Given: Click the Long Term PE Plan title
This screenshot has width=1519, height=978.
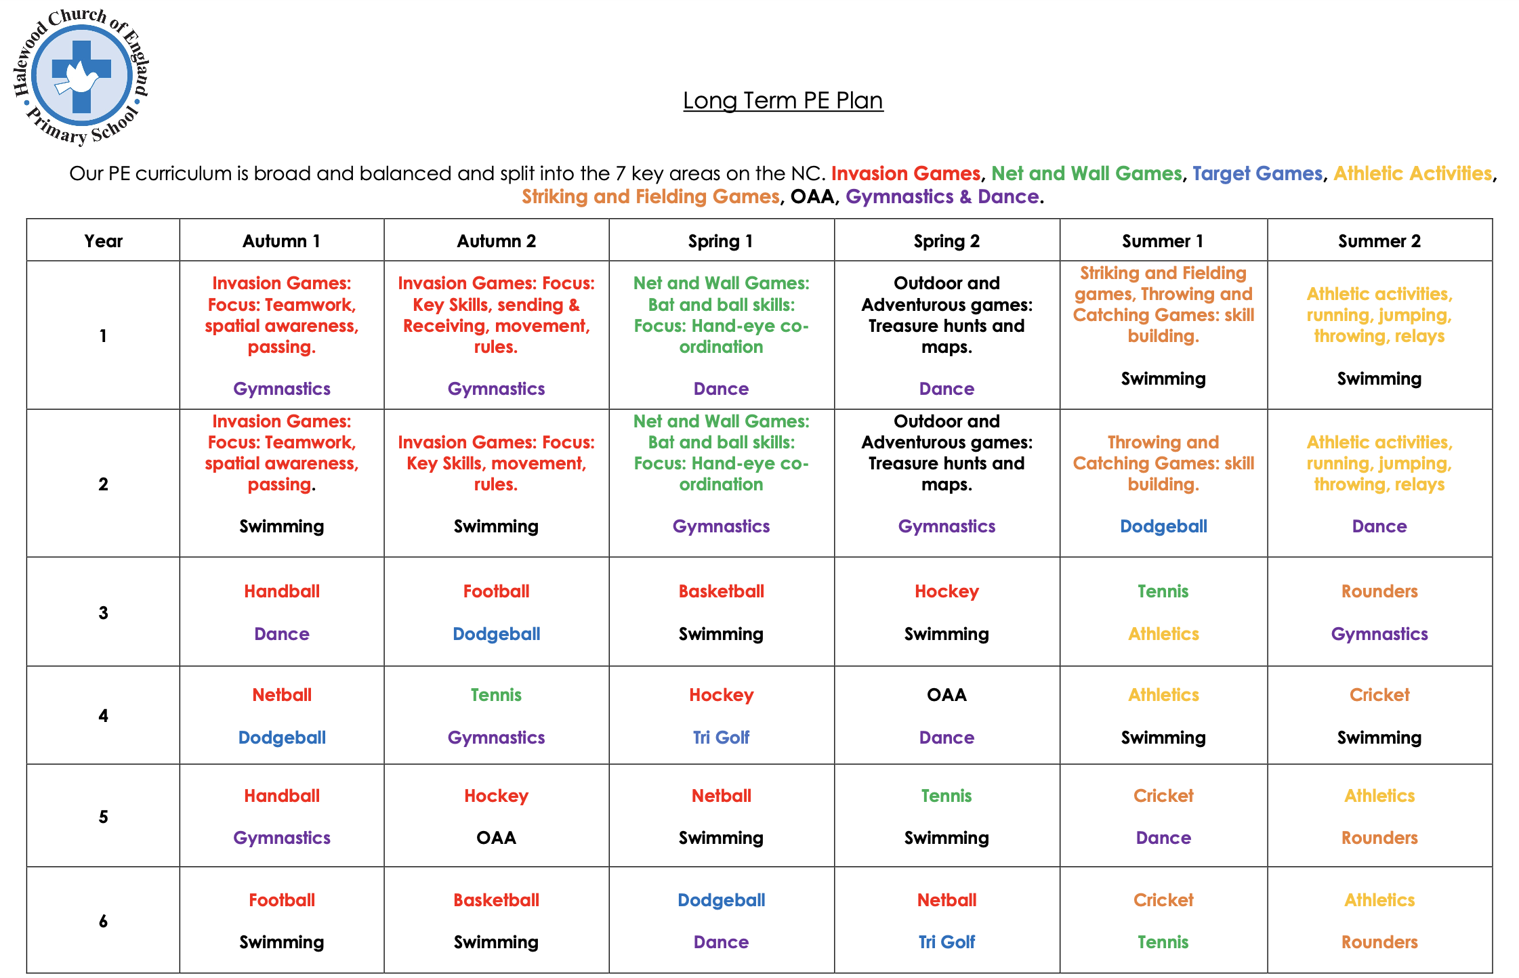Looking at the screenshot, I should coord(783,100).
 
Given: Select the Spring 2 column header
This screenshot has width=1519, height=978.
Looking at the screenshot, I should coord(946,241).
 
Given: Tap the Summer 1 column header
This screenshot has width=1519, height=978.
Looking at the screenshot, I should coord(1163,241).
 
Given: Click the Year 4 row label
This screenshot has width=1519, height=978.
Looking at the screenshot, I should coord(103,715).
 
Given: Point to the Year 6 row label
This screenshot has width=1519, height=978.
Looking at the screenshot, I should coord(103,920).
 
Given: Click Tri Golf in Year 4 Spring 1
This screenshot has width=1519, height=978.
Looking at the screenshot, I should coord(721,737).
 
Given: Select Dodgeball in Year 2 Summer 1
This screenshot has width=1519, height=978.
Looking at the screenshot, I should coord(1163,526).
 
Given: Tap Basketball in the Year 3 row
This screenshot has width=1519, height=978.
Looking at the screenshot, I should coord(721,591).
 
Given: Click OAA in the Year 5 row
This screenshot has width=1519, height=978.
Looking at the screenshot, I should coord(496,838).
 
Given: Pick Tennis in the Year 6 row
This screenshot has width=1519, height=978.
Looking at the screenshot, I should coord(1163,941).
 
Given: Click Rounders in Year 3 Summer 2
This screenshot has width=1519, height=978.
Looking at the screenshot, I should coord(1379,591).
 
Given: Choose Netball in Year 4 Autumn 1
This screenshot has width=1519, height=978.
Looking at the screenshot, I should coord(282,695).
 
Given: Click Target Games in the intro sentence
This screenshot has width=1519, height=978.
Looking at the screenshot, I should coord(1257,173).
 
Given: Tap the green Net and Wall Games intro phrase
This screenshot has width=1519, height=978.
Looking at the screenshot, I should coord(1086,173).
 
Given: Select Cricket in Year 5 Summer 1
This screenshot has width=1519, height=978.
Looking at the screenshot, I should coord(1163,796).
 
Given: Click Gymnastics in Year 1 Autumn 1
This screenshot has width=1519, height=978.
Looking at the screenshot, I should coord(282,389).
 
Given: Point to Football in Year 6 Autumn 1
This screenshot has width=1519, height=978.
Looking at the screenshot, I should coord(282,900).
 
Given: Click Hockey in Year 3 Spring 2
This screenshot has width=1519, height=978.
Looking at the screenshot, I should coord(946,591).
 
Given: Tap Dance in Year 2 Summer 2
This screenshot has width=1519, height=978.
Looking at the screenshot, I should coord(1379,526).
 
